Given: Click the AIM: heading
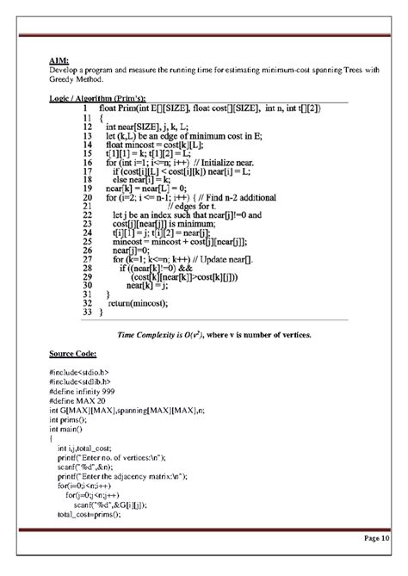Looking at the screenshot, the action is [x=58, y=61].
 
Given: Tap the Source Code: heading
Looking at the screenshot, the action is [x=73, y=354].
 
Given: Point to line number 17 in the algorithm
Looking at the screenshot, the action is [x=87, y=171].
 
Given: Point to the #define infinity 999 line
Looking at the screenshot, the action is [x=87, y=398].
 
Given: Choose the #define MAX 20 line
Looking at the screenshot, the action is [x=78, y=407].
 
